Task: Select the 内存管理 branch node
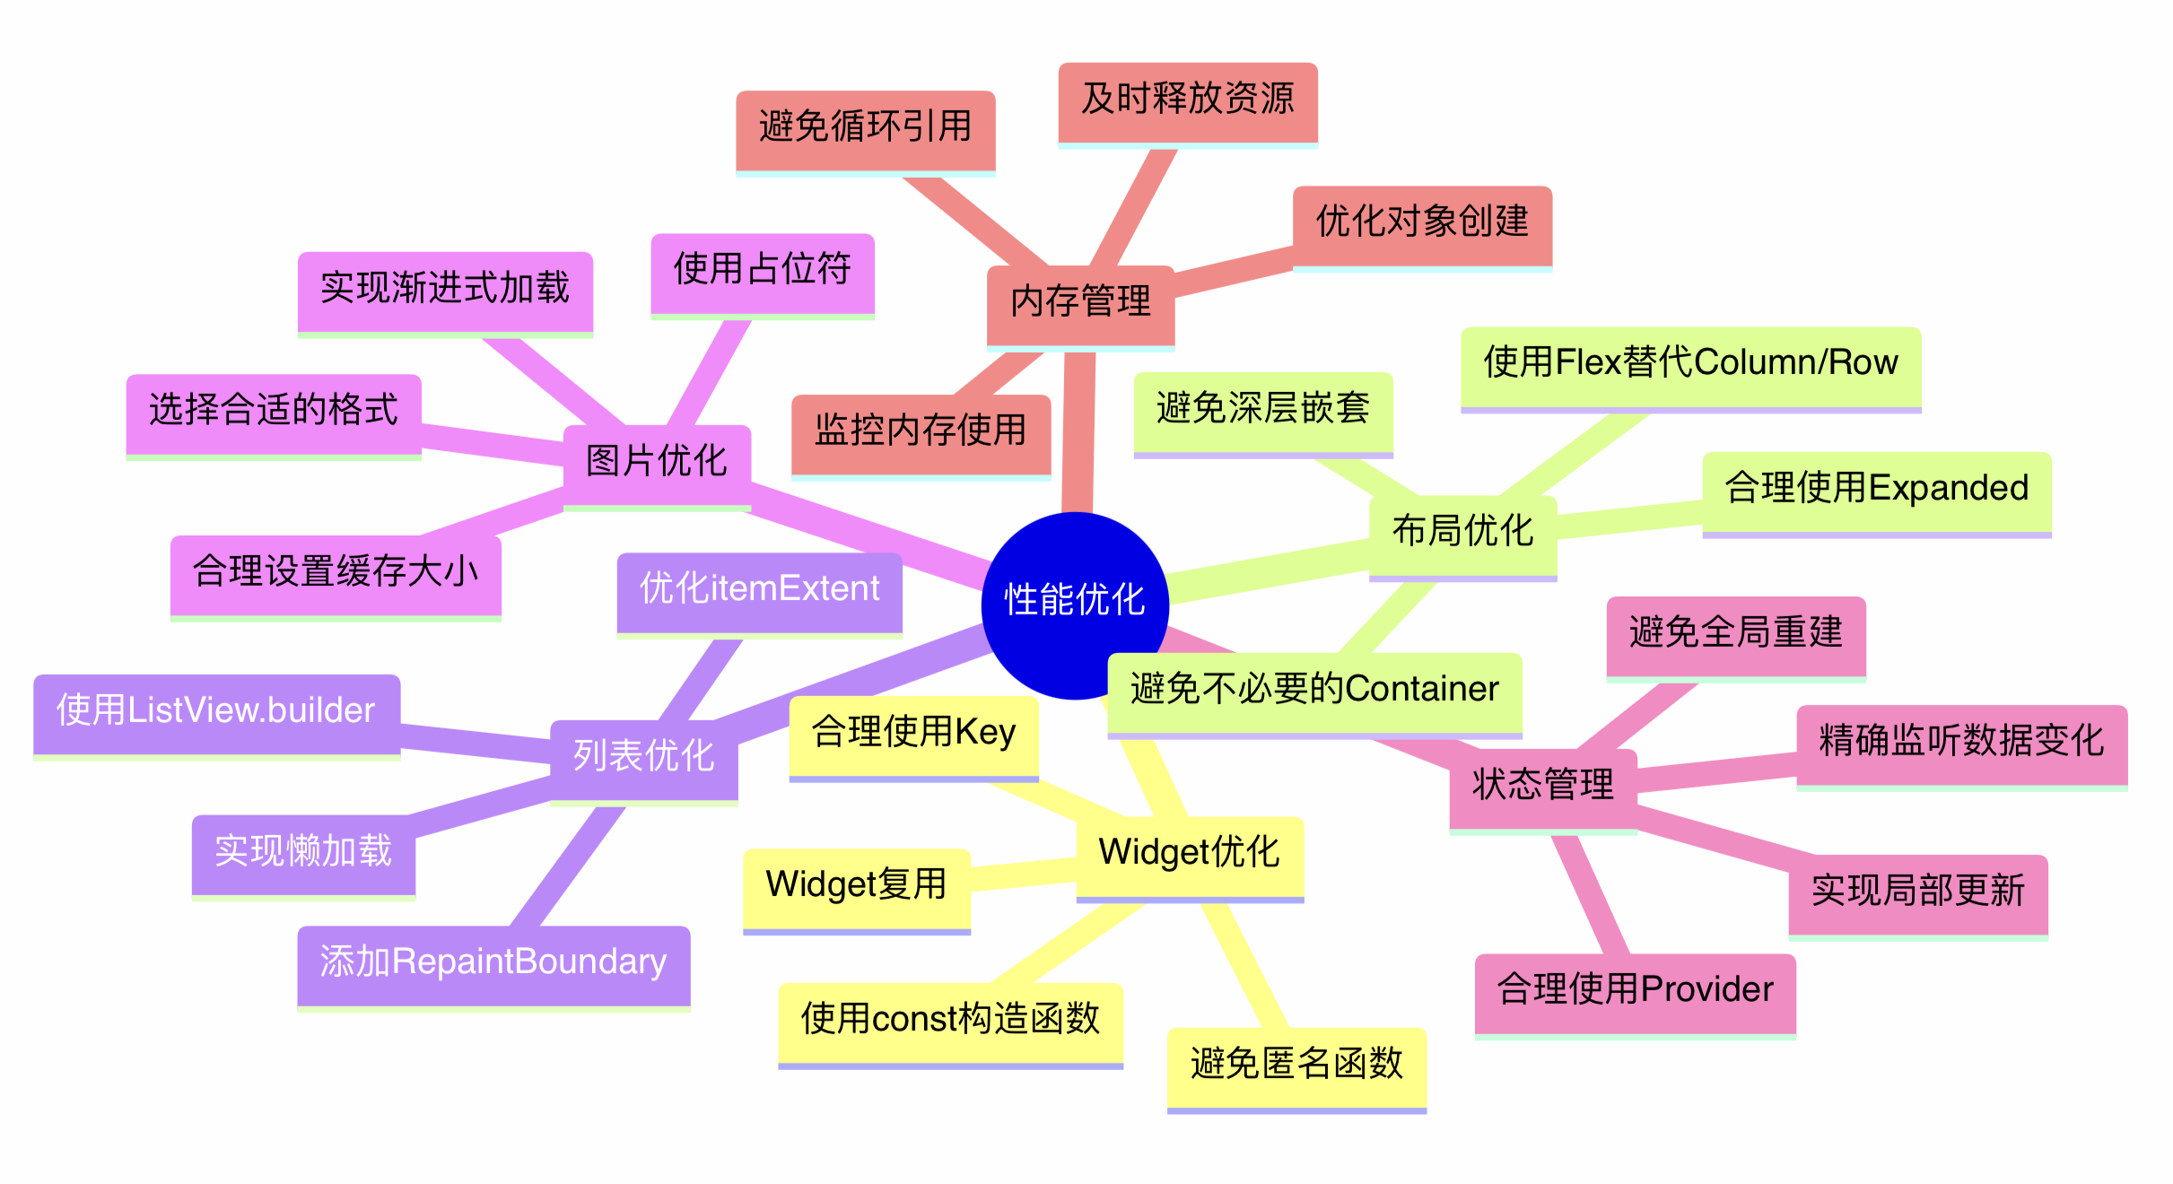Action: [1080, 302]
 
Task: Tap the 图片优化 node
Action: [656, 462]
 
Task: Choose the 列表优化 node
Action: [643, 757]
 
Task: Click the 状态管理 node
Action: [1542, 786]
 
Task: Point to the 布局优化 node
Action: [1462, 532]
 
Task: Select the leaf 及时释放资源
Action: [1187, 100]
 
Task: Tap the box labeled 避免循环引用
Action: [865, 127]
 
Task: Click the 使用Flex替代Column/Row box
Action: [1690, 363]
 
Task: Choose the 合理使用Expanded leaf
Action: [1876, 489]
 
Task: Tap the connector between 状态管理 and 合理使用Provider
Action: [1590, 894]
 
